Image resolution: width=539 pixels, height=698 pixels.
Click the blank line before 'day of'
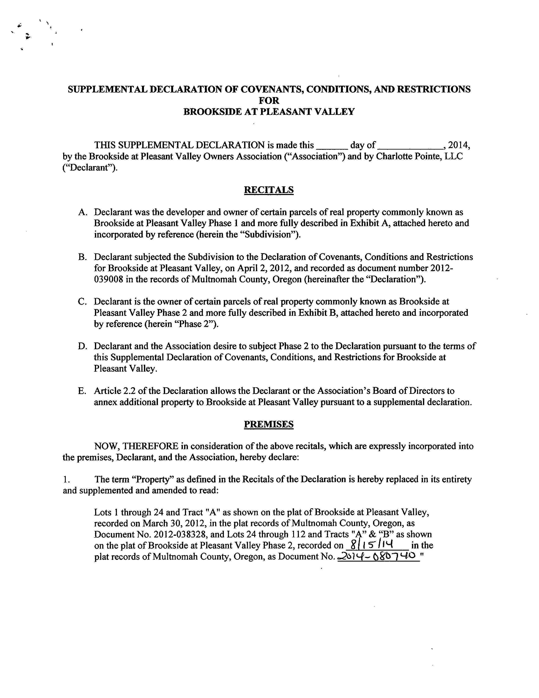(331, 146)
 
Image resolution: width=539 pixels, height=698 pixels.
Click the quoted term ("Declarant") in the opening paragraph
(90, 168)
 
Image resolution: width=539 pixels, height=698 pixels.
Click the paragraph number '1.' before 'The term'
(66, 479)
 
